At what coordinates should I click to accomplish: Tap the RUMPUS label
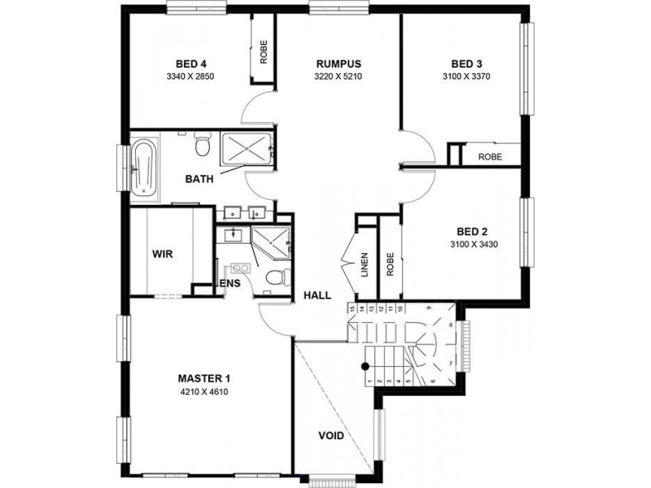click(338, 64)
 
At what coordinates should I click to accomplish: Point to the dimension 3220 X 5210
click(338, 77)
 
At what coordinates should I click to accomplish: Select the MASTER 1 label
click(205, 378)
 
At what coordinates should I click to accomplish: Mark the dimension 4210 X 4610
click(205, 391)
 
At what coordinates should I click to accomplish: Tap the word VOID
click(330, 436)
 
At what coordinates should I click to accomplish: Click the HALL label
click(317, 295)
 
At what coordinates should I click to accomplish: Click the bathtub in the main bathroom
click(144, 169)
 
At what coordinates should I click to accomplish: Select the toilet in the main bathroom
click(203, 146)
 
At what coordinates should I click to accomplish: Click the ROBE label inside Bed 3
click(489, 156)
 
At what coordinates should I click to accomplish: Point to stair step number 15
click(352, 308)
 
